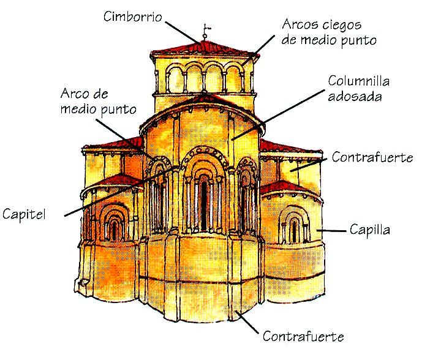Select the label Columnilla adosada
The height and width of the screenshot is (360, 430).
tap(358, 88)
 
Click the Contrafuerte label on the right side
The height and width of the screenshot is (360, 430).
tap(372, 157)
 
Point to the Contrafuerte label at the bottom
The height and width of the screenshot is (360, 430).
tap(303, 337)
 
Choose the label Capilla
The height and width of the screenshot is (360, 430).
tap(370, 230)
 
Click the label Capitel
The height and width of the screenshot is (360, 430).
tap(24, 214)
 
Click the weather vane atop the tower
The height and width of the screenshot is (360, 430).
tap(206, 29)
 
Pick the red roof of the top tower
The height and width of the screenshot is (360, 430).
tap(205, 48)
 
